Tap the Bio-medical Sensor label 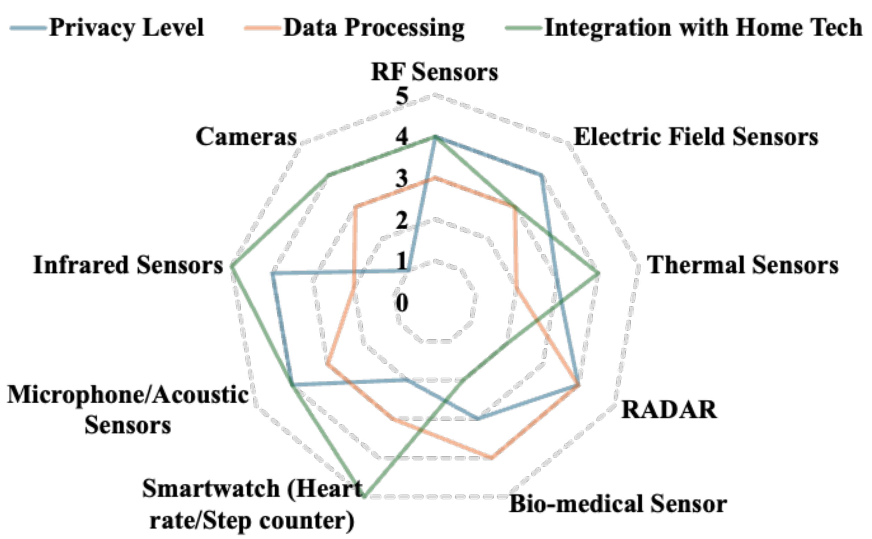[618, 504]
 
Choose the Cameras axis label [246, 137]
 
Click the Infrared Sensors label [128, 265]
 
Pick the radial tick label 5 [402, 96]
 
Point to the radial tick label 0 [402, 304]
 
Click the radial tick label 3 [402, 179]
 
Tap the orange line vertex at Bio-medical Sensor [492, 458]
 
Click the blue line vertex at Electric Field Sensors [541, 175]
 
